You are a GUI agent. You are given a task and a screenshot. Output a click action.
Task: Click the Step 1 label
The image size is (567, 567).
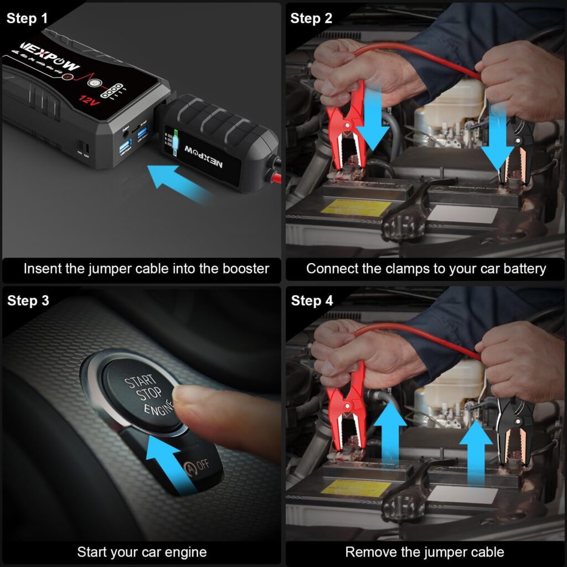pos(28,18)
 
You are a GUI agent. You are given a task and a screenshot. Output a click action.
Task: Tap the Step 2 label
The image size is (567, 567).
pos(312,18)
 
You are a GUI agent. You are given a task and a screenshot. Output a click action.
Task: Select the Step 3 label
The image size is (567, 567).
pos(28,301)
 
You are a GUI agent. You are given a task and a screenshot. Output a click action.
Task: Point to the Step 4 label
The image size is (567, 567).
pos(312,301)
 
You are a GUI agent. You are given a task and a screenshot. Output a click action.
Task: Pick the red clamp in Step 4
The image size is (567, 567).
pos(344,410)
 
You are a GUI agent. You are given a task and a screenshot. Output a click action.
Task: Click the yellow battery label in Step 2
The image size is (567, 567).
pos(349,208)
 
